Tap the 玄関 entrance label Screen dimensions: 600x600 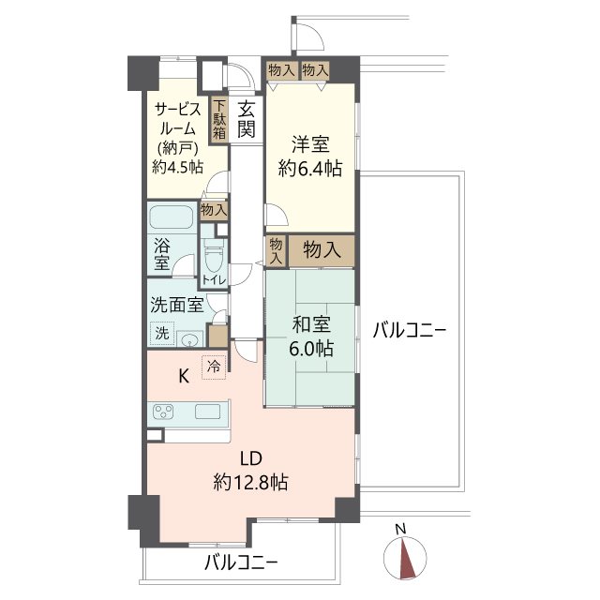point(246,119)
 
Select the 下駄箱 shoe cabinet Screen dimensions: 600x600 point(218,120)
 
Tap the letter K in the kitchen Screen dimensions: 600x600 point(185,376)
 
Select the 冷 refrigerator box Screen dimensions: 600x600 point(216,367)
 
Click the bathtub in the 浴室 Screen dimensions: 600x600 point(171,217)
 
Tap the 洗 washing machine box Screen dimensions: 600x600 point(162,333)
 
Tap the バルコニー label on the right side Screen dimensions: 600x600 point(408,331)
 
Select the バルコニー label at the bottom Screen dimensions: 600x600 point(242,563)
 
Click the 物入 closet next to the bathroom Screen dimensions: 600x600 point(213,210)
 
